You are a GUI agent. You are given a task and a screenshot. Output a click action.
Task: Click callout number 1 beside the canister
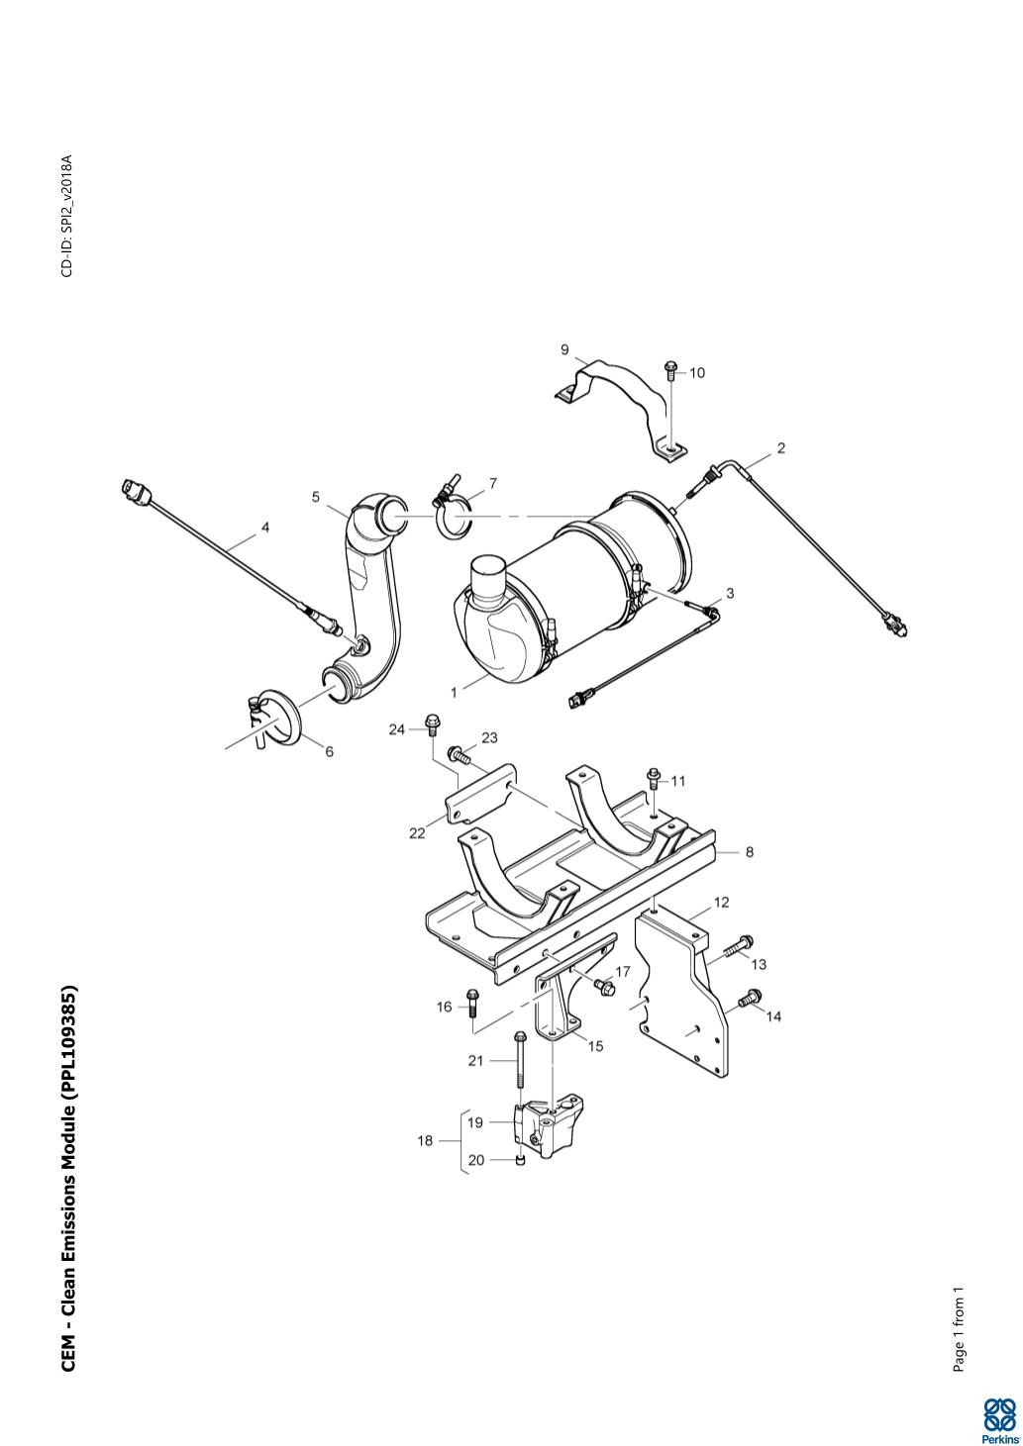tap(454, 693)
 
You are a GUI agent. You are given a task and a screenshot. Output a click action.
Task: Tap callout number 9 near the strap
tap(564, 350)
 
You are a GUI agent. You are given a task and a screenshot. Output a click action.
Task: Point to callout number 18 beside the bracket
tap(425, 1140)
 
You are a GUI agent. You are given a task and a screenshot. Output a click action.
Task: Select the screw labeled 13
tap(738, 945)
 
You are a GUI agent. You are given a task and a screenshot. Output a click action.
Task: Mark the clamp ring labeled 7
tap(454, 507)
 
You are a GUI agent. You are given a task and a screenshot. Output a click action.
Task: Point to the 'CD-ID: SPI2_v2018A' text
tap(67, 215)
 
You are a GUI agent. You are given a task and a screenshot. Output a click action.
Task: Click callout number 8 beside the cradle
tap(749, 852)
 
